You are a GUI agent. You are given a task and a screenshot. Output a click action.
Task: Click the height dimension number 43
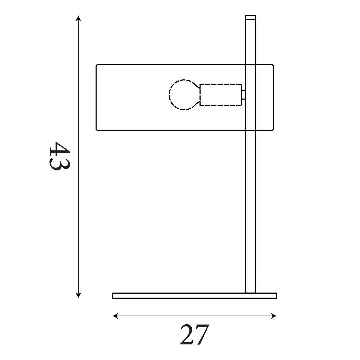[59, 156]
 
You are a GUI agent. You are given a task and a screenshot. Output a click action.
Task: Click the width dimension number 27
[194, 334]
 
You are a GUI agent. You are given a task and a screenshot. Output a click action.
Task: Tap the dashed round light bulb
[184, 95]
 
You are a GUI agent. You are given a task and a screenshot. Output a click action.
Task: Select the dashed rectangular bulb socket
[221, 95]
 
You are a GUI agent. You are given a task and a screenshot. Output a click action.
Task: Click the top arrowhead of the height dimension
[78, 18]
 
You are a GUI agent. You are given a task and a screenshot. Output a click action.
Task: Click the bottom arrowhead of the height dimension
[78, 295]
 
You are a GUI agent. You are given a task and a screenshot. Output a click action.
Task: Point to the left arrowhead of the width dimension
[115, 316]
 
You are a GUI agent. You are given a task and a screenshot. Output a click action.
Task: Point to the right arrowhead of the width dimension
[274, 316]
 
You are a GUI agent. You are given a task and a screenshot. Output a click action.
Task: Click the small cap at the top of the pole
[250, 17]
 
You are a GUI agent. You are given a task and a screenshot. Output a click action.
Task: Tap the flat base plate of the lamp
[194, 296]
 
